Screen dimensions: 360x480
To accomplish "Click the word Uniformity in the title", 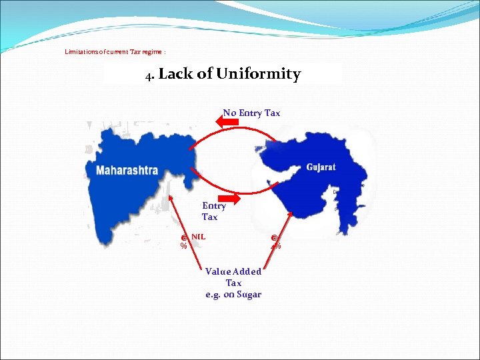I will click(258, 74).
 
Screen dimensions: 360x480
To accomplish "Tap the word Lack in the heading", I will click(175, 74).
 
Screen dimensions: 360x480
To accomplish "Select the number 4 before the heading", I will click(149, 75).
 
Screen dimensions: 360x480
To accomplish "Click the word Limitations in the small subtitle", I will click(83, 51).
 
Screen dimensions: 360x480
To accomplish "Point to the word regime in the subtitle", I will click(153, 51).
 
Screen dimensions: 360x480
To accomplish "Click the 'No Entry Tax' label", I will click(251, 113).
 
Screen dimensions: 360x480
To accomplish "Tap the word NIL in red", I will click(198, 236).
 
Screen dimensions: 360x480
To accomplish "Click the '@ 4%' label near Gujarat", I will click(275, 241).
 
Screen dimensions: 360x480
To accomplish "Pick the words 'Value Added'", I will click(233, 271).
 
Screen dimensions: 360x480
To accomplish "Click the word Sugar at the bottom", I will click(248, 295).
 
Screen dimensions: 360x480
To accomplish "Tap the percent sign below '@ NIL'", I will click(183, 246).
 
